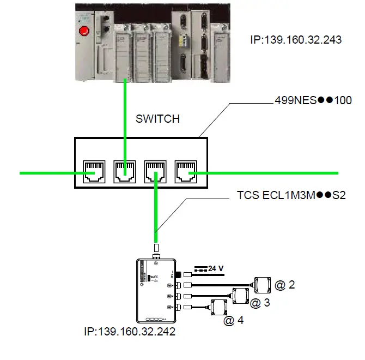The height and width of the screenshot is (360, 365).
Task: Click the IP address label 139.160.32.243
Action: pyautogui.click(x=295, y=39)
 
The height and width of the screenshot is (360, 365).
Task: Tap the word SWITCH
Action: pyautogui.click(x=157, y=118)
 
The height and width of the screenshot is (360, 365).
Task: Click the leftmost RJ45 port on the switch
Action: pyautogui.click(x=93, y=171)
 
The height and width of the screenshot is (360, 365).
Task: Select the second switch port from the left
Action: pyautogui.click(x=124, y=171)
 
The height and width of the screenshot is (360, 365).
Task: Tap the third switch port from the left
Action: pyautogui.click(x=155, y=171)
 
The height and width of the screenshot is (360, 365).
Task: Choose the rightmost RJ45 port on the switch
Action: pyautogui.click(x=186, y=171)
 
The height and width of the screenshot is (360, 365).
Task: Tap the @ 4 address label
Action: pyautogui.click(x=233, y=321)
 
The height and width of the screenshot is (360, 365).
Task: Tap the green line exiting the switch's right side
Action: pyautogui.click(x=272, y=173)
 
